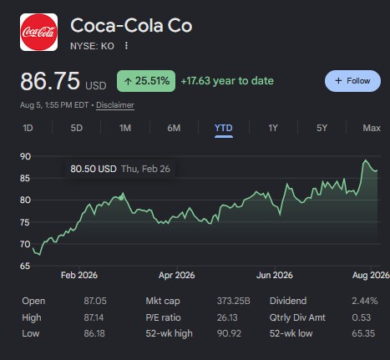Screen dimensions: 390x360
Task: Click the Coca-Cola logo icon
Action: point(38,32)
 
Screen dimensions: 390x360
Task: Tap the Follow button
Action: point(352,81)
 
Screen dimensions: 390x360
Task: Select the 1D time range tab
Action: point(28,128)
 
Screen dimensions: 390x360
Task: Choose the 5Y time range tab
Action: point(322,128)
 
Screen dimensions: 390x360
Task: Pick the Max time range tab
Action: point(372,128)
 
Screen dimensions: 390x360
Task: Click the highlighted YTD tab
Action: point(224,128)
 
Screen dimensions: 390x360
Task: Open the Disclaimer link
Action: point(115,105)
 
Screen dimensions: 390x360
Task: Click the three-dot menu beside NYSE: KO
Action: point(126,45)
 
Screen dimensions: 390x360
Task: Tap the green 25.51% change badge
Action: point(146,81)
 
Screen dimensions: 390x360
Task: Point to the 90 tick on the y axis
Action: point(25,156)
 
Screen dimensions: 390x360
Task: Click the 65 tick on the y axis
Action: point(25,266)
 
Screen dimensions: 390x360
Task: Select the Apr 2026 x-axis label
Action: point(177,275)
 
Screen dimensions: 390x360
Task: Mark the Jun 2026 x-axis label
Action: point(275,275)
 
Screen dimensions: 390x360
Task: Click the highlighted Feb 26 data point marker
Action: point(121,198)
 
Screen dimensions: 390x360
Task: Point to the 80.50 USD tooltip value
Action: point(94,169)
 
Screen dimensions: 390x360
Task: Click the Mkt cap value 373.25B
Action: point(234,301)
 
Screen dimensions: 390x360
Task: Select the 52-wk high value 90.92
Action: point(229,333)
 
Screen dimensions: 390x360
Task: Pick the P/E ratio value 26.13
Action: point(227,317)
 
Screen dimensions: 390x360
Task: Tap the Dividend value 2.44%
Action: point(365,301)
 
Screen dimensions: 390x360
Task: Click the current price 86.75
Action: point(50,81)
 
